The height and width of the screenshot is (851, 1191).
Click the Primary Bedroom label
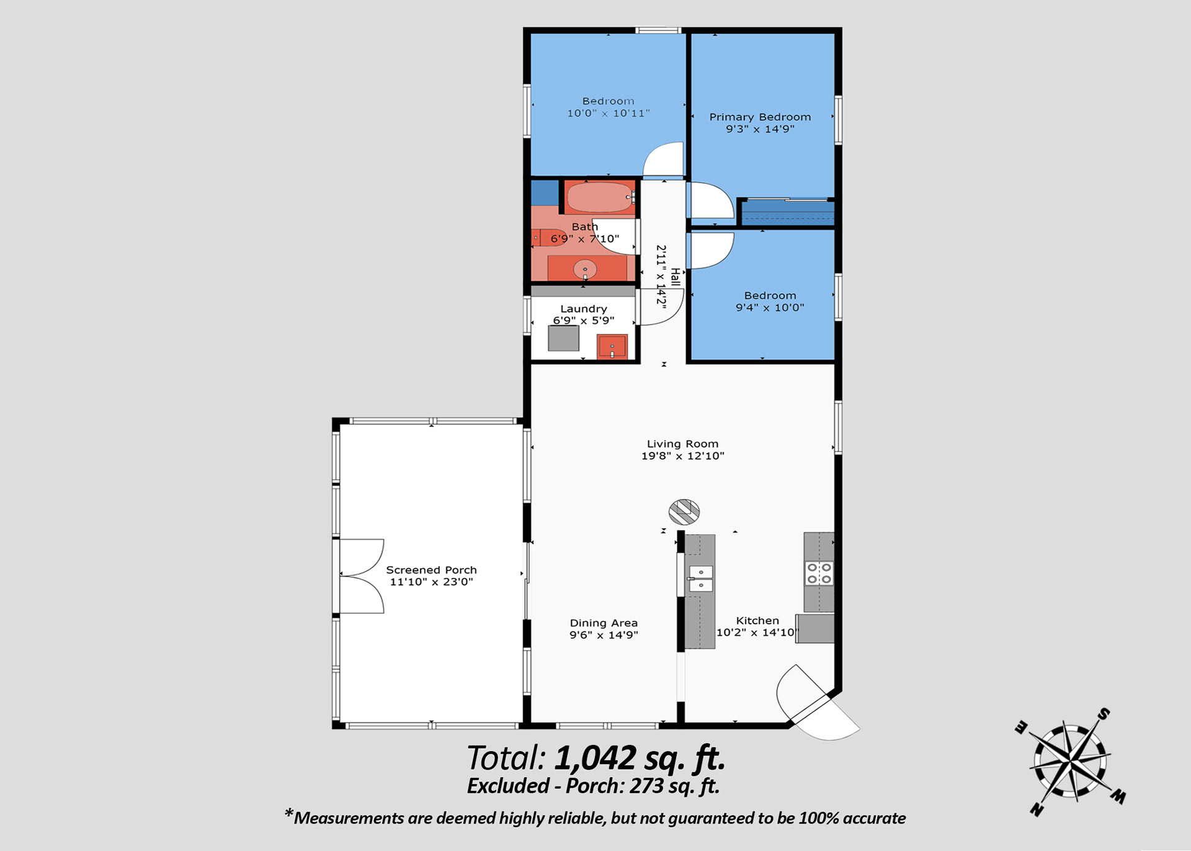tap(760, 117)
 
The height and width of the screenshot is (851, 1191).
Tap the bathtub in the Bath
tap(600, 197)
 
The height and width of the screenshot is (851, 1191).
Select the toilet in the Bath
tap(549, 237)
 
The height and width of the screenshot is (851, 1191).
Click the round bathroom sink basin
tap(585, 269)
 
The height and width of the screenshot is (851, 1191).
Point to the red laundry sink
tap(612, 346)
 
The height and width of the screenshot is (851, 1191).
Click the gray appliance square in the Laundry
tap(563, 338)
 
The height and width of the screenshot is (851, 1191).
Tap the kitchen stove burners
tap(819, 573)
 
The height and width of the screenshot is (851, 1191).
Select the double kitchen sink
tap(701, 579)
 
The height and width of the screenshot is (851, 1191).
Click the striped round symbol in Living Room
tap(684, 511)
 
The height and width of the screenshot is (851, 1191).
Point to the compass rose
tap(1070, 761)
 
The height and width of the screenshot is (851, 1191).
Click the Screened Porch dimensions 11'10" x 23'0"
tap(431, 582)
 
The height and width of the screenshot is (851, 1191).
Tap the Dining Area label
tap(604, 623)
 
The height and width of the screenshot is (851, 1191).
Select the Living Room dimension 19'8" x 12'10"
tap(682, 456)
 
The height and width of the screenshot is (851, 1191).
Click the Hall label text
tap(676, 277)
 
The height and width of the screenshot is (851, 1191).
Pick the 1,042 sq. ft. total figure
tap(640, 758)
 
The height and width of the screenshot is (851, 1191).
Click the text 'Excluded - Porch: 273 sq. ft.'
tap(593, 786)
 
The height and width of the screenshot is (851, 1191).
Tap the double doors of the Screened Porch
tap(362, 576)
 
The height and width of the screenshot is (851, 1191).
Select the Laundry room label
tap(583, 308)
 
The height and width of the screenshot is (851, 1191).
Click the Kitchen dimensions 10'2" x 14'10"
tap(756, 633)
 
